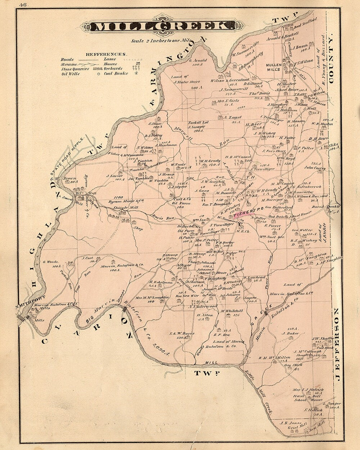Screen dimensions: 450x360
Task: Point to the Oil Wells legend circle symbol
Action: pyautogui.click(x=96, y=73)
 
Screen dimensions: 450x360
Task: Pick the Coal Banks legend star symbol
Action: pyautogui.click(x=136, y=73)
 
